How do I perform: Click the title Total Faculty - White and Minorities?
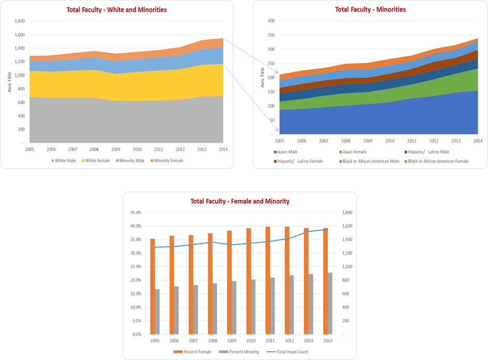coord(117,10)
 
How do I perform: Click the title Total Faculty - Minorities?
coord(370,9)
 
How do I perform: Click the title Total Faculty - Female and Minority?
coord(240,201)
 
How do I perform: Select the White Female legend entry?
coord(97,161)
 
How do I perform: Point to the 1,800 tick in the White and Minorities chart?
coord(19,21)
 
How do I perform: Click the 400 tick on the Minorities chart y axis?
coord(271,21)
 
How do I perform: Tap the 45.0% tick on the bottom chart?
coord(135,212)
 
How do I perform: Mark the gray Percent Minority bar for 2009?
coord(234,307)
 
